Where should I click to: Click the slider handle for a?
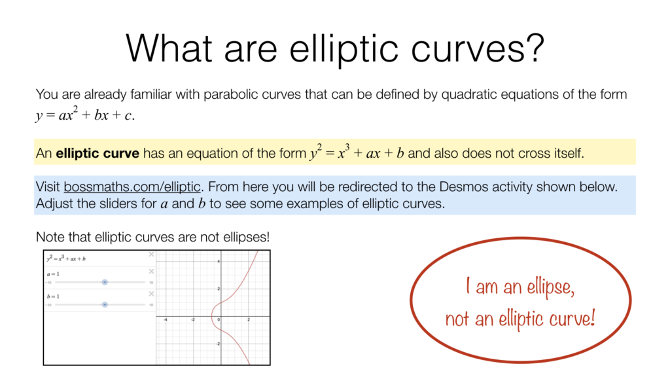click(105, 282)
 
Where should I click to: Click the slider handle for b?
click(105, 304)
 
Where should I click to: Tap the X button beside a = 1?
click(151, 271)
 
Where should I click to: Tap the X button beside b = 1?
click(151, 294)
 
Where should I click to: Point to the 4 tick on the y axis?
click(220, 261)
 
